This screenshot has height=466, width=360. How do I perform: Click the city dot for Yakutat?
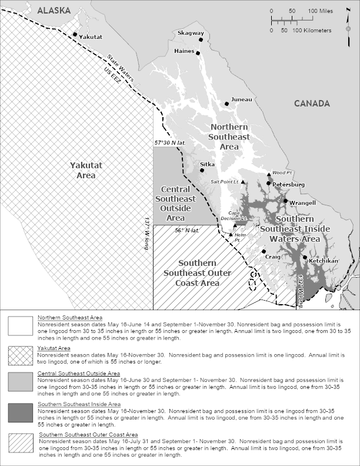coord(75,34)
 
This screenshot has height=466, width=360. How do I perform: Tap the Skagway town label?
coord(191,34)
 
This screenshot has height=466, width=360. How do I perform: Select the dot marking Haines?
coord(198,53)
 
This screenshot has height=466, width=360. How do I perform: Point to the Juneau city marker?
coord(227,104)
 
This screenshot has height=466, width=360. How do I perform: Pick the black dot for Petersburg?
coord(269,184)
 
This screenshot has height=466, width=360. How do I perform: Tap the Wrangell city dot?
coord(286,201)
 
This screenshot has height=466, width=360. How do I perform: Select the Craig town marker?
coord(264,251)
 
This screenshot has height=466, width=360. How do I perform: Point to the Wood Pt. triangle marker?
coord(269,175)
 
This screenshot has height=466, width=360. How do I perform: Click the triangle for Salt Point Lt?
coord(242,182)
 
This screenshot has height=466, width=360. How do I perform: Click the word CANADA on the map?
coord(312,104)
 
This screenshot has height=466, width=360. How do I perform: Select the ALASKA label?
coord(54,10)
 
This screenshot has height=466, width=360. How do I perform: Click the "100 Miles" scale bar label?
coord(321,11)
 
